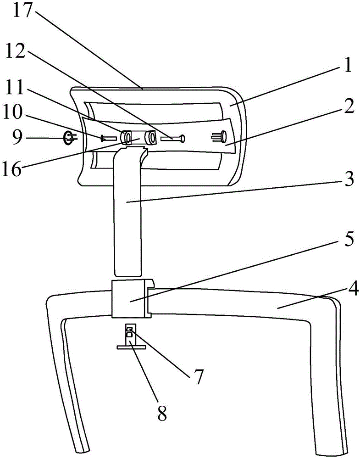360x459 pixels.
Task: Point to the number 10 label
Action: click(12, 112)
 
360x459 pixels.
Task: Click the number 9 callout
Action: click(17, 137)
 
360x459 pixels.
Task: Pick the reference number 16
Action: click(12, 169)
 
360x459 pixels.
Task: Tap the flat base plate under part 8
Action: click(131, 347)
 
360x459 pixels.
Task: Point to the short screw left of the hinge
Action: click(109, 137)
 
